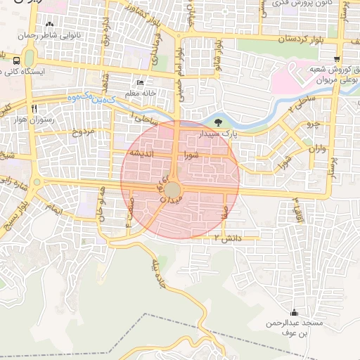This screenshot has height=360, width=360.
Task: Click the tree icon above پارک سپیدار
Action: [220, 122]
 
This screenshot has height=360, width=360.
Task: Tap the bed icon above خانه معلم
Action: [139, 82]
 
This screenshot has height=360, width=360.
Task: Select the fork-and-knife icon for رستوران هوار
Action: [33, 110]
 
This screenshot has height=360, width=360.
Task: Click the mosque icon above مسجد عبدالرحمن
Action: [293, 313]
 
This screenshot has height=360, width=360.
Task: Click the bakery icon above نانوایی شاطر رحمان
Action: [48, 25]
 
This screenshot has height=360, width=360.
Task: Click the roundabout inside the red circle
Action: [173, 190]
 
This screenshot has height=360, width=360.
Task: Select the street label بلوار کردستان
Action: [283, 40]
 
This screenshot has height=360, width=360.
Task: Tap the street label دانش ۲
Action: [228, 239]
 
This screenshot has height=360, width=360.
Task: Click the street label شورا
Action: [192, 153]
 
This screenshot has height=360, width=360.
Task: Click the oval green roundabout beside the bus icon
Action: [29, 60]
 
